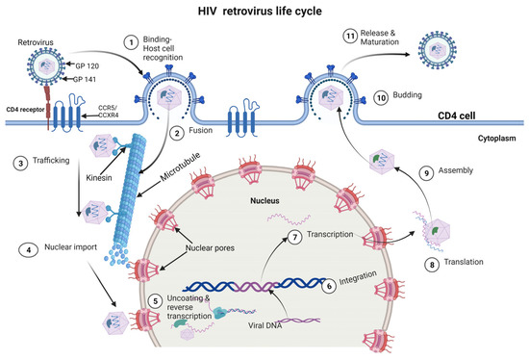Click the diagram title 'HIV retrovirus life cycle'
coord(264,13)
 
